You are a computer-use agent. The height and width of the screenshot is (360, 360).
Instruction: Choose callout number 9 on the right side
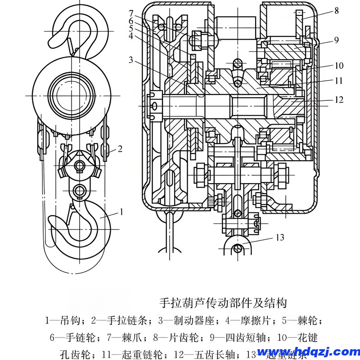click(x=336, y=40)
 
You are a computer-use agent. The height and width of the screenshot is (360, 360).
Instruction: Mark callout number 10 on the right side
click(x=338, y=66)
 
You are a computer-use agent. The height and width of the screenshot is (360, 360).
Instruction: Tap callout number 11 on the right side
click(x=338, y=81)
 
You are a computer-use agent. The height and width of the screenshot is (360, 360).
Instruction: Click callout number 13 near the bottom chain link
click(x=279, y=237)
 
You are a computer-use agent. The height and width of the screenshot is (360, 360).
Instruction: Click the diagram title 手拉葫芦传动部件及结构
click(x=223, y=302)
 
